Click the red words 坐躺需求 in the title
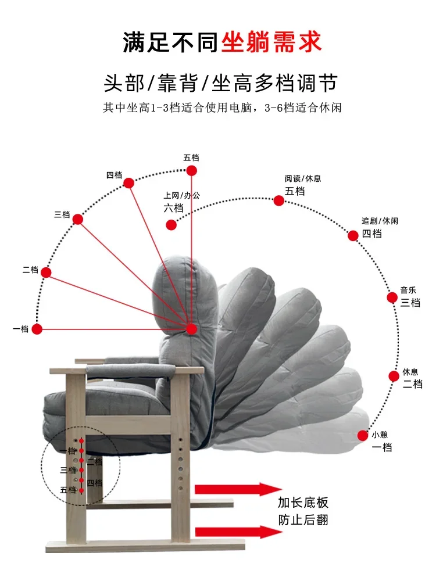(x=271, y=42)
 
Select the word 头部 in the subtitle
(x=122, y=83)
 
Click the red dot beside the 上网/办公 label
(x=171, y=225)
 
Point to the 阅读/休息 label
(x=302, y=178)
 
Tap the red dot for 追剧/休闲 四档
(x=353, y=235)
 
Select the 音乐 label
(x=408, y=290)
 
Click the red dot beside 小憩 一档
(x=362, y=435)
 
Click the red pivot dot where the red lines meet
(x=191, y=329)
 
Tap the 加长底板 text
(x=303, y=503)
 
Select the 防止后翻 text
(x=303, y=519)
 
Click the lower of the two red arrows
(x=238, y=531)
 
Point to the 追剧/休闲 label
(x=380, y=221)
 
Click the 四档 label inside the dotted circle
(x=94, y=482)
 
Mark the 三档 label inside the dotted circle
(x=67, y=470)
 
